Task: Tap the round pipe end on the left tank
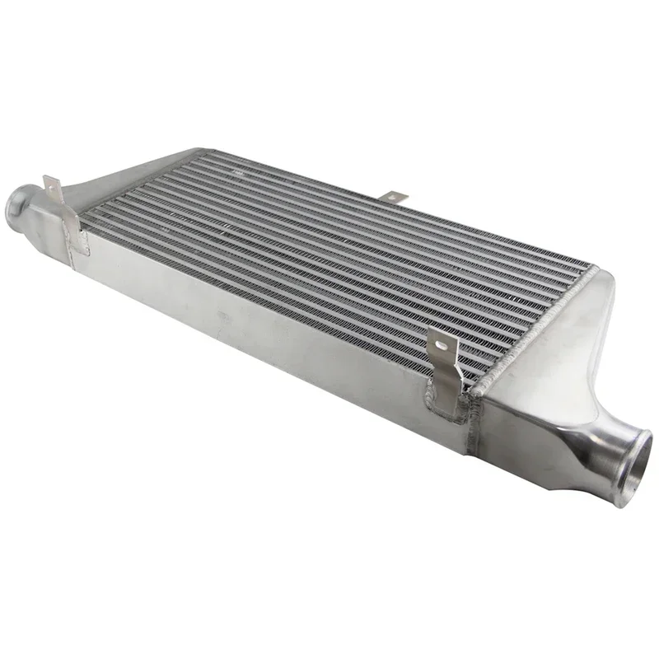[x=19, y=200]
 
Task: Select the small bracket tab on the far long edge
[x=395, y=197]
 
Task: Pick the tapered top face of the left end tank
[x=124, y=177]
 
